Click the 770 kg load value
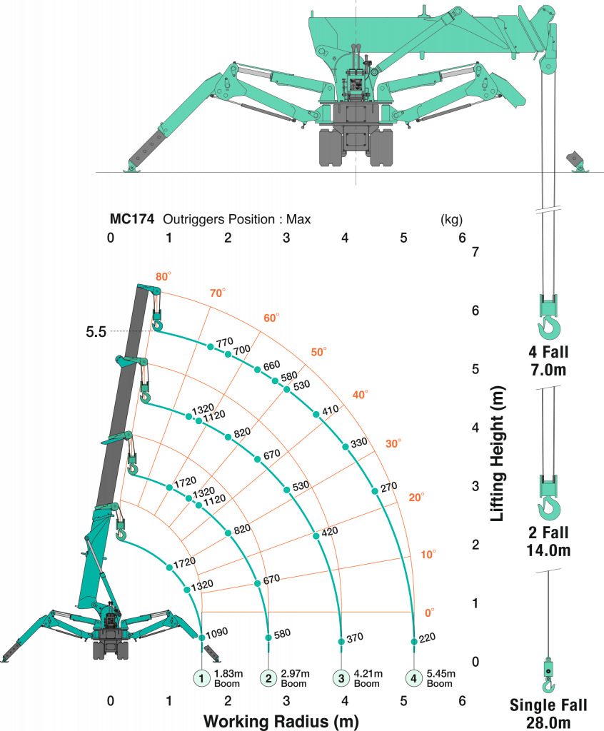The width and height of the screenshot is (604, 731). click(x=225, y=343)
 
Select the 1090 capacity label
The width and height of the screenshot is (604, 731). click(x=217, y=632)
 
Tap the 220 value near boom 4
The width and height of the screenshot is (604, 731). click(x=427, y=637)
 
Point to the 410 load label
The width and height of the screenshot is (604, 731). click(x=331, y=410)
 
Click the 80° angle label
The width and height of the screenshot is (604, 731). click(x=163, y=276)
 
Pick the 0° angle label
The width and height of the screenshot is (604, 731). click(x=430, y=612)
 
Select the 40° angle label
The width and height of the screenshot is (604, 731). click(x=360, y=395)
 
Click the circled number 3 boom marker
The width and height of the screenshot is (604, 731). click(x=341, y=678)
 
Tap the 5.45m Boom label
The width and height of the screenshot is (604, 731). click(x=441, y=678)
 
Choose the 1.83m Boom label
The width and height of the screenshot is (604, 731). click(x=228, y=678)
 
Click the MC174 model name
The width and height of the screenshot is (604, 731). click(x=131, y=219)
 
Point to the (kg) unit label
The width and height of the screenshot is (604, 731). click(x=451, y=219)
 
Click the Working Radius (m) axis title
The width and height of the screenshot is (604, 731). click(x=281, y=721)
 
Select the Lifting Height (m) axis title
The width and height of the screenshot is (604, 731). click(x=498, y=453)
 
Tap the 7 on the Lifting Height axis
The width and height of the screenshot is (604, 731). click(x=475, y=252)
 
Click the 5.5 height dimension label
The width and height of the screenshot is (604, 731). click(x=96, y=332)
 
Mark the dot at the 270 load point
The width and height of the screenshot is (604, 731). click(x=375, y=491)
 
